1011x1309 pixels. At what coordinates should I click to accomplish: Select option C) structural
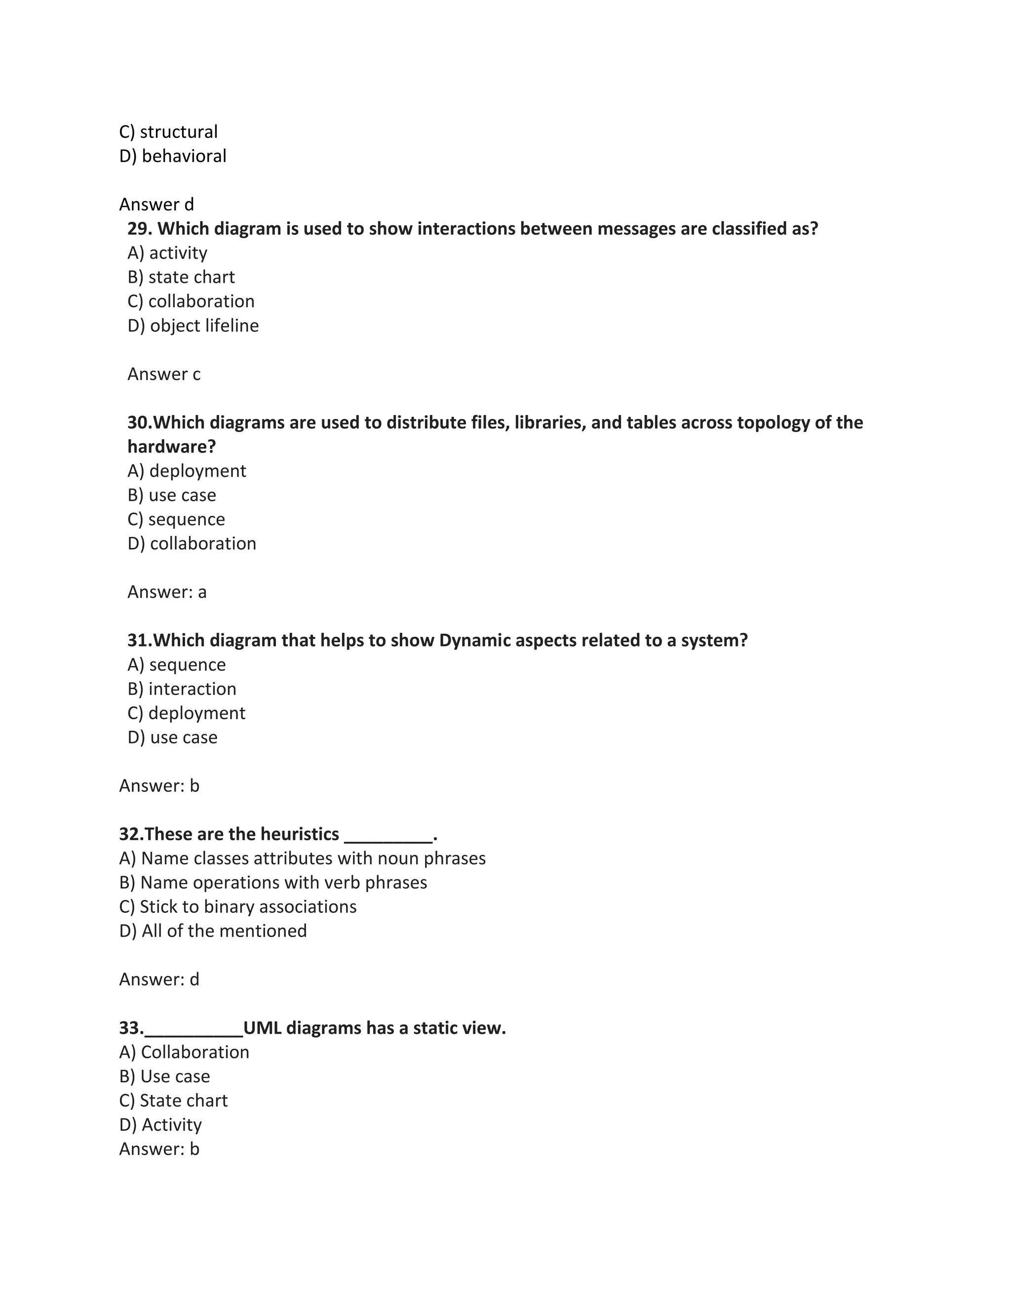point(168,132)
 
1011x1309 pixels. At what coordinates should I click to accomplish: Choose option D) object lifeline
point(193,326)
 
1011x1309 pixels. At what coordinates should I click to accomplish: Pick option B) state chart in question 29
point(181,277)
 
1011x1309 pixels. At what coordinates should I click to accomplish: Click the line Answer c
point(163,374)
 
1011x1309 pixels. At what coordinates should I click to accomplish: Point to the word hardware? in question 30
point(171,447)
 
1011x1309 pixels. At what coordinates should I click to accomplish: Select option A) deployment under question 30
point(186,471)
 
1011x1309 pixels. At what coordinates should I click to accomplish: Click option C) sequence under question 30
point(176,519)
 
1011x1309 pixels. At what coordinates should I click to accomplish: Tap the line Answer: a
point(166,592)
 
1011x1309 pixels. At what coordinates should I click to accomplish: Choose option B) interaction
point(182,689)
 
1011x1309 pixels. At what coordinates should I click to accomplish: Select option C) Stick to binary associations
point(238,907)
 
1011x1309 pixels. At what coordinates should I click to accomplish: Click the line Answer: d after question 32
point(159,980)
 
